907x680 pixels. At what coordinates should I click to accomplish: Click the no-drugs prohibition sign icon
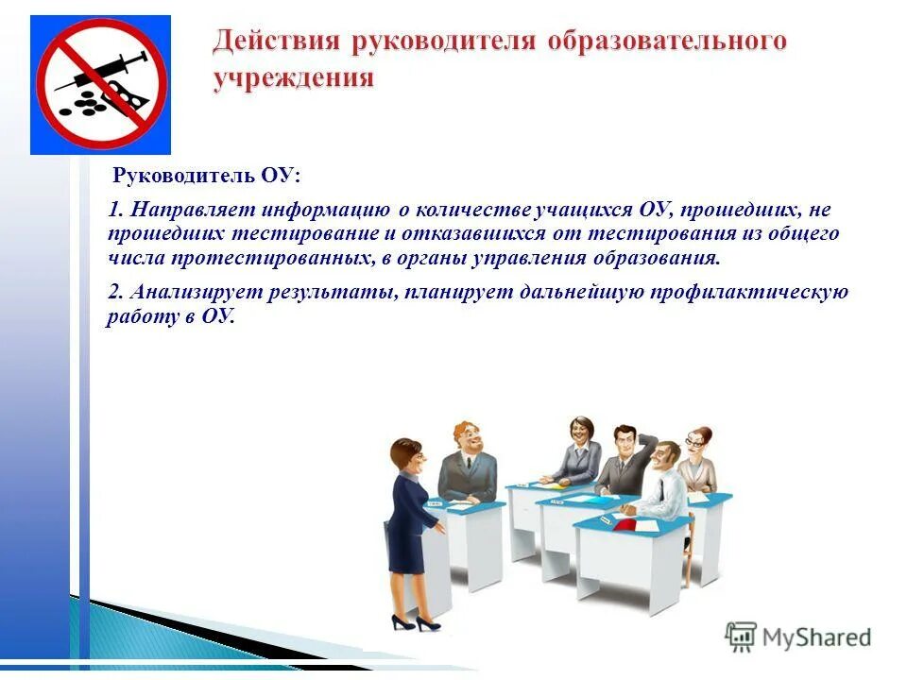coord(101,85)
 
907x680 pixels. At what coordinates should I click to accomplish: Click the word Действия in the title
coord(279,42)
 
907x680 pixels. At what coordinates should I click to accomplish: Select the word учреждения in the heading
coord(293,77)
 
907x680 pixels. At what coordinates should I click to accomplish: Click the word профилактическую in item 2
coord(752,292)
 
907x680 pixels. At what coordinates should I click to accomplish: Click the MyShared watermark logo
coord(798,637)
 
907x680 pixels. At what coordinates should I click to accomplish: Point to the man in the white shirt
coord(662,482)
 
